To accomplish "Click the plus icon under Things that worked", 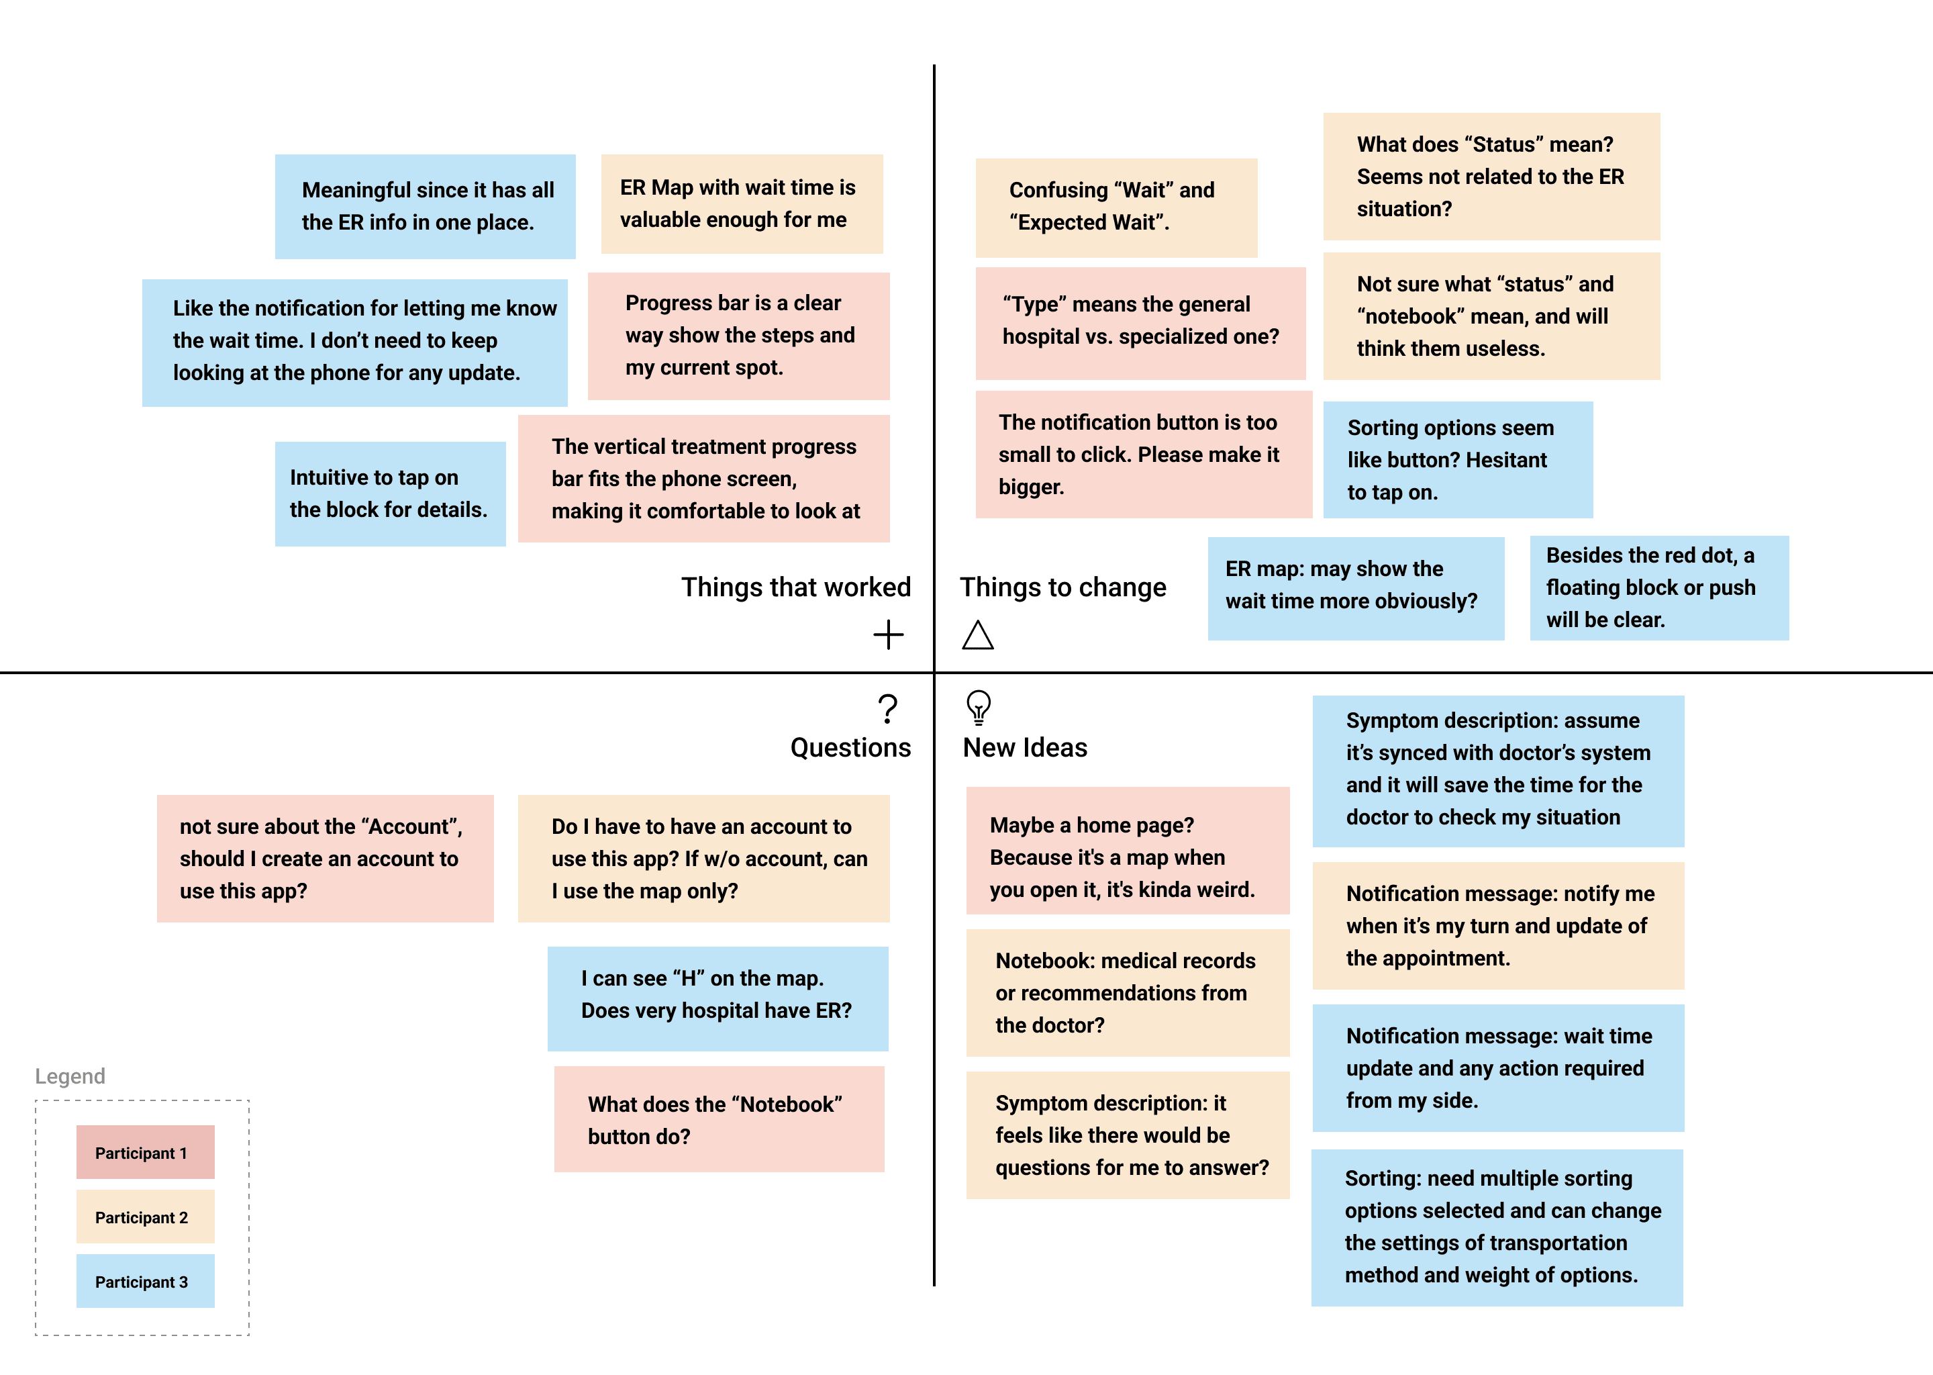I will pyautogui.click(x=888, y=634).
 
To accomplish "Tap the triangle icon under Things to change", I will pyautogui.click(x=977, y=635).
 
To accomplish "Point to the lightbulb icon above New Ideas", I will pyautogui.click(x=979, y=707).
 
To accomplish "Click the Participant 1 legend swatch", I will pyautogui.click(x=145, y=1151).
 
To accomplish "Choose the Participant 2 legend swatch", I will pyautogui.click(x=145, y=1217).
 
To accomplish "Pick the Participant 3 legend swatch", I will pyautogui.click(x=145, y=1281).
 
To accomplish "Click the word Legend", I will pyautogui.click(x=70, y=1076).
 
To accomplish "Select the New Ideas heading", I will pyautogui.click(x=1025, y=748).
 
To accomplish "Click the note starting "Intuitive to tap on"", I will pyautogui.click(x=390, y=493).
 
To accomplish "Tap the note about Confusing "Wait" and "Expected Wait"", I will pyautogui.click(x=1116, y=207).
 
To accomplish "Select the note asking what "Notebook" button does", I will pyautogui.click(x=719, y=1119).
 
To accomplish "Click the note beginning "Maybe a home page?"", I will pyautogui.click(x=1128, y=851).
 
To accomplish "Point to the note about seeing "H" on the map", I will pyautogui.click(x=717, y=998).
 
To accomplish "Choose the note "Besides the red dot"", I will pyautogui.click(x=1658, y=587).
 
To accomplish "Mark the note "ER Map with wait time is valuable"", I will pyautogui.click(x=742, y=204).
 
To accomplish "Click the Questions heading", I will pyautogui.click(x=850, y=748).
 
